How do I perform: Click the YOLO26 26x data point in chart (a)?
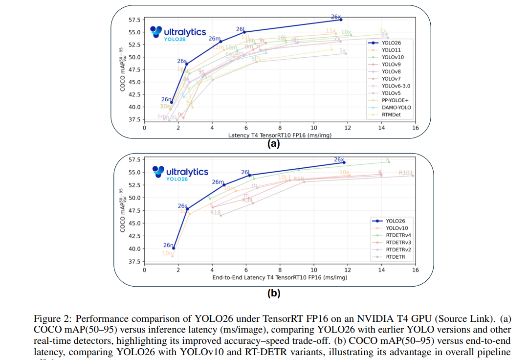click(x=341, y=20)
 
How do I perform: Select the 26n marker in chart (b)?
click(x=174, y=248)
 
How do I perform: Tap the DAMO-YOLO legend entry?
click(x=396, y=108)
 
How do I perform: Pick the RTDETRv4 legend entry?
click(x=398, y=235)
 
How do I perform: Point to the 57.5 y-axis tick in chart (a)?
click(x=134, y=20)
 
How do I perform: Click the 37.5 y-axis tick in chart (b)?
click(x=134, y=261)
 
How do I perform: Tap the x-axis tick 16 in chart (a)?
click(x=415, y=128)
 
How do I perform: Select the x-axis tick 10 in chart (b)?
click(x=313, y=270)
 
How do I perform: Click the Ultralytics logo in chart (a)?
click(x=178, y=33)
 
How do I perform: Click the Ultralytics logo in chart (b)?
click(x=180, y=173)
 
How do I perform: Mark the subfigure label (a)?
click(x=273, y=144)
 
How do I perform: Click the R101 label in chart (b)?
click(x=406, y=173)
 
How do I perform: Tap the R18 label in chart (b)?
click(x=216, y=212)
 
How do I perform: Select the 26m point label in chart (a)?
click(x=214, y=39)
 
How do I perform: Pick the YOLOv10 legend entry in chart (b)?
click(x=397, y=228)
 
